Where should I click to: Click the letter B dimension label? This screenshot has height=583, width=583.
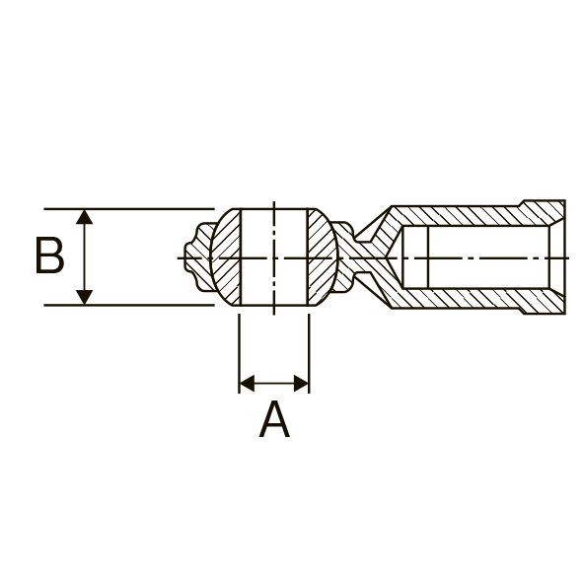[x=50, y=255]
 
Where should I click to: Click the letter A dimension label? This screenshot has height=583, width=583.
[x=274, y=419]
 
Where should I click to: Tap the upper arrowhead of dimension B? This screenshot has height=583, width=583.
[x=85, y=217]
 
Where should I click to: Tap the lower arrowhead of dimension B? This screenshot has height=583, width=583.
[x=85, y=298]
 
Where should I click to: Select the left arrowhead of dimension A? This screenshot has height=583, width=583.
[x=247, y=383]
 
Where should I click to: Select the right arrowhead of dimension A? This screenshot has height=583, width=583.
[x=301, y=383]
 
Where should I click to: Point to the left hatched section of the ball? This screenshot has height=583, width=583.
[x=226, y=257]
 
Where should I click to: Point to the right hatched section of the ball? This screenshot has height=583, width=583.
[x=322, y=257]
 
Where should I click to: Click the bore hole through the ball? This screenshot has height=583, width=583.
[x=274, y=257]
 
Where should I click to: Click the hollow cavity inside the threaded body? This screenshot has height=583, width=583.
[x=475, y=256]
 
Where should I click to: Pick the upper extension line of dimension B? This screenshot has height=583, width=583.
[x=129, y=209]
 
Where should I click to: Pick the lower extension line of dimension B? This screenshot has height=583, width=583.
[x=129, y=305]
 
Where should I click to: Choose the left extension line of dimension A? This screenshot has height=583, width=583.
[x=239, y=353]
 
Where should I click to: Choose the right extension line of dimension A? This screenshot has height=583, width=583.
[x=309, y=353]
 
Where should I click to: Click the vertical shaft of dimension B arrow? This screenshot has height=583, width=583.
[x=85, y=257]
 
